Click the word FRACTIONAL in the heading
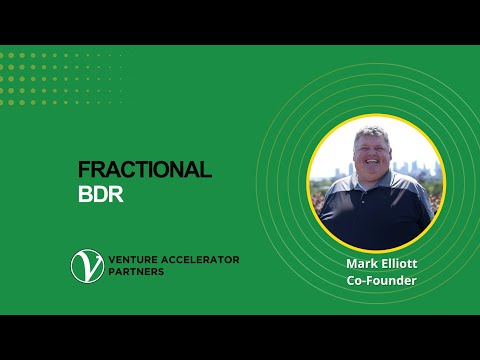(x=145, y=169)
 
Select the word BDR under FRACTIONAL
(x=100, y=193)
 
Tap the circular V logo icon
(x=85, y=265)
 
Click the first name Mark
(x=353, y=264)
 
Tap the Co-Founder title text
(x=375, y=280)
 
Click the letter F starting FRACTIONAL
(x=83, y=169)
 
